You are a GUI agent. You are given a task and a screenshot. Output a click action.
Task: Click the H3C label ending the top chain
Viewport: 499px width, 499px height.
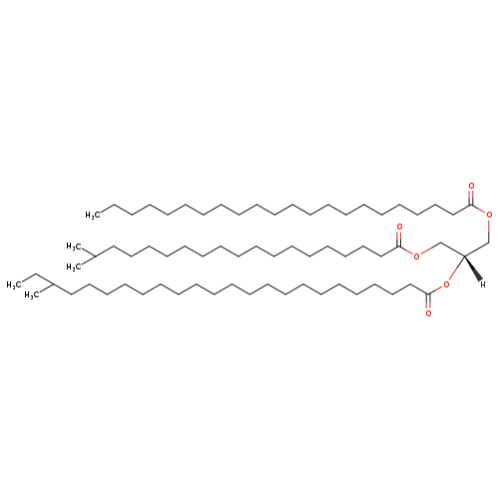[93, 216]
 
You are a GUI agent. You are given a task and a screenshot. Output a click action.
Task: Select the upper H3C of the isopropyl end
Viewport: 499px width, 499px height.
[74, 247]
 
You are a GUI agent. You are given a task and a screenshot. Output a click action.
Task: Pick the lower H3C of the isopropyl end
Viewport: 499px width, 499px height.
[74, 267]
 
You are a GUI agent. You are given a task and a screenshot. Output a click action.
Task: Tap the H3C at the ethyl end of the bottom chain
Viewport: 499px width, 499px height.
[14, 284]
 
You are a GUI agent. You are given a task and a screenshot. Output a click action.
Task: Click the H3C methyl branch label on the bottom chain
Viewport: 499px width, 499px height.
[32, 295]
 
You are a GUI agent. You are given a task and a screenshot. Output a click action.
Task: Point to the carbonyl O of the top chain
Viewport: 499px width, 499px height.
[471, 186]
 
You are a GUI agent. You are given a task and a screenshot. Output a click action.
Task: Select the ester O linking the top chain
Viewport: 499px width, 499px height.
[489, 215]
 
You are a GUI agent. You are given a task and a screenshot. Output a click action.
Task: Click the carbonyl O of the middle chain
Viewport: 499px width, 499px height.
[399, 227]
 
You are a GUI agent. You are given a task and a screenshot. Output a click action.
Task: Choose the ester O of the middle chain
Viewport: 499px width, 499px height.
[416, 256]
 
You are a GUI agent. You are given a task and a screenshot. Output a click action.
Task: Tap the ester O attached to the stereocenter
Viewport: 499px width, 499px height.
[446, 284]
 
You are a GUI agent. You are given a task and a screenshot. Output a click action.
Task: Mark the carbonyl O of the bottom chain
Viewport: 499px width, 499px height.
[428, 313]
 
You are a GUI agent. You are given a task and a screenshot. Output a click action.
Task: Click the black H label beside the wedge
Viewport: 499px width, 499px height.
[483, 284]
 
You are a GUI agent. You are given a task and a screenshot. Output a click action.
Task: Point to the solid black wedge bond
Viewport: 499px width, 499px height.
[472, 268]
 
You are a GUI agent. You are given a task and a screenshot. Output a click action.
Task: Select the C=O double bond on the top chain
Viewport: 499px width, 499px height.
[471, 198]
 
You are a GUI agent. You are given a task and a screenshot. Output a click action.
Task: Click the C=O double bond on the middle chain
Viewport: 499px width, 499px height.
[399, 239]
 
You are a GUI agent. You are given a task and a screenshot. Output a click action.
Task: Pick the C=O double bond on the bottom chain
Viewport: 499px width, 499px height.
[428, 301]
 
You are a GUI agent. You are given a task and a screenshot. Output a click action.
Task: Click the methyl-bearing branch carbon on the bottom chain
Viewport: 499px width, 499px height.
[53, 284]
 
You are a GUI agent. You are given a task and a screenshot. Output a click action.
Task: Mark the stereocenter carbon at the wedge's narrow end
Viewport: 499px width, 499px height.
[464, 255]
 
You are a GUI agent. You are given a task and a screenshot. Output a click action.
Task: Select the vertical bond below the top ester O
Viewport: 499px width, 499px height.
[489, 231]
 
